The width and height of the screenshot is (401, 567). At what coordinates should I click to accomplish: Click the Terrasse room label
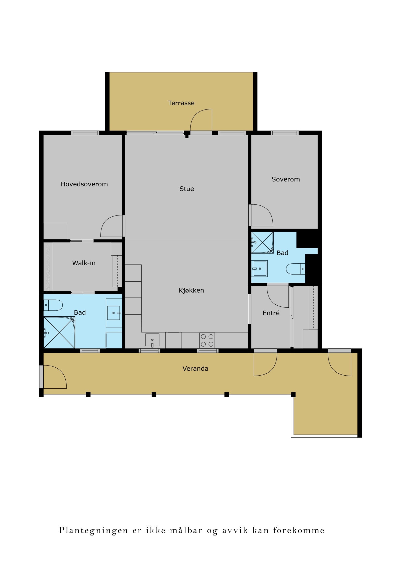[181, 103]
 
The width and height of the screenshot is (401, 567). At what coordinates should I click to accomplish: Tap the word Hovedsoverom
[84, 184]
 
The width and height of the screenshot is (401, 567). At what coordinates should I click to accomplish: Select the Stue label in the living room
[186, 189]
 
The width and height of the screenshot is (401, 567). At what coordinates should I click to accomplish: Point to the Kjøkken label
[191, 290]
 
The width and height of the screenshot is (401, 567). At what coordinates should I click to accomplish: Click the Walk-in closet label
[84, 263]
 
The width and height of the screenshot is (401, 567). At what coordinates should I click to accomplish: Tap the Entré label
[271, 313]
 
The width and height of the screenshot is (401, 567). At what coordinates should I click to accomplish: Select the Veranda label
[195, 368]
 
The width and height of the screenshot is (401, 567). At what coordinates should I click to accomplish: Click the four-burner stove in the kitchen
[207, 340]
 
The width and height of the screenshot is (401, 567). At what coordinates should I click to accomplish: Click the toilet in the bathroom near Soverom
[295, 269]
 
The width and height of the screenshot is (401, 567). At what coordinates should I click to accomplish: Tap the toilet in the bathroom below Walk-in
[53, 305]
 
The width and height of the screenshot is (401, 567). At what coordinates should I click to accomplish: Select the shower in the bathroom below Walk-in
[59, 332]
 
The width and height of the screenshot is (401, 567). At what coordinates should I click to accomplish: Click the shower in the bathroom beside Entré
[262, 242]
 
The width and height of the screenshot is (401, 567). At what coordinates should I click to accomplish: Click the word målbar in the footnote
[186, 530]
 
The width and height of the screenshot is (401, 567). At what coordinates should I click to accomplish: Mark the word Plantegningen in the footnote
[93, 530]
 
